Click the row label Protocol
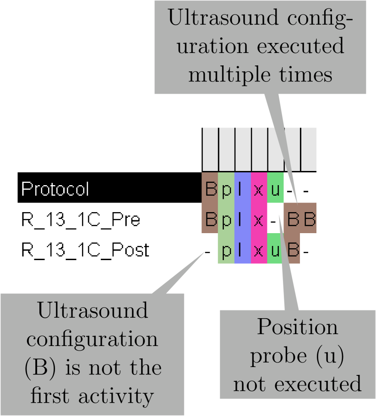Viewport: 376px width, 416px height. tap(55, 189)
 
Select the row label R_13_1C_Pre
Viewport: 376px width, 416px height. tap(81, 219)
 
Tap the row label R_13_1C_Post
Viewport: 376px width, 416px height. tap(85, 250)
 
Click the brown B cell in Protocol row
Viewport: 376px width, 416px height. tap(210, 189)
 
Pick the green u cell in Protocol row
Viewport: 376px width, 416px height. tap(275, 189)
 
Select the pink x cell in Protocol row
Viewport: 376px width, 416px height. tap(259, 189)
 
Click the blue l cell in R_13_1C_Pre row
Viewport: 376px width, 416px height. tap(242, 219)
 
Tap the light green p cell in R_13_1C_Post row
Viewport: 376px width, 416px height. tap(226, 250)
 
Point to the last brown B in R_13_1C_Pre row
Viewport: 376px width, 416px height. tap(309, 219)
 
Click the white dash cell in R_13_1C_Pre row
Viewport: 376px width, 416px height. tap(275, 219)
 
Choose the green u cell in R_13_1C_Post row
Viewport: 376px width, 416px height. tap(275, 250)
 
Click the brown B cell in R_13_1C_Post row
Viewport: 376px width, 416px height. tap(292, 250)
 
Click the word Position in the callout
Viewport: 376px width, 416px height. tap(297, 328)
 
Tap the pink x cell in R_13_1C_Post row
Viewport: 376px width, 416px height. tap(259, 250)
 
